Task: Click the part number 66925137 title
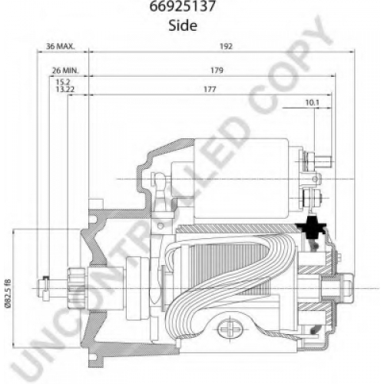click(x=183, y=6)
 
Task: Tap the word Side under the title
click(x=183, y=25)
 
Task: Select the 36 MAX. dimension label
click(x=61, y=46)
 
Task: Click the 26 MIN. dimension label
click(x=65, y=70)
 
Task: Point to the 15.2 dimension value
click(x=63, y=82)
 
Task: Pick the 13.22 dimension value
click(x=65, y=89)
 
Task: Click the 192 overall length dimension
click(x=226, y=46)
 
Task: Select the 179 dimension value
click(x=217, y=70)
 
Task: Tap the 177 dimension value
click(x=210, y=89)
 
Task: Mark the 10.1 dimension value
click(x=313, y=103)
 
